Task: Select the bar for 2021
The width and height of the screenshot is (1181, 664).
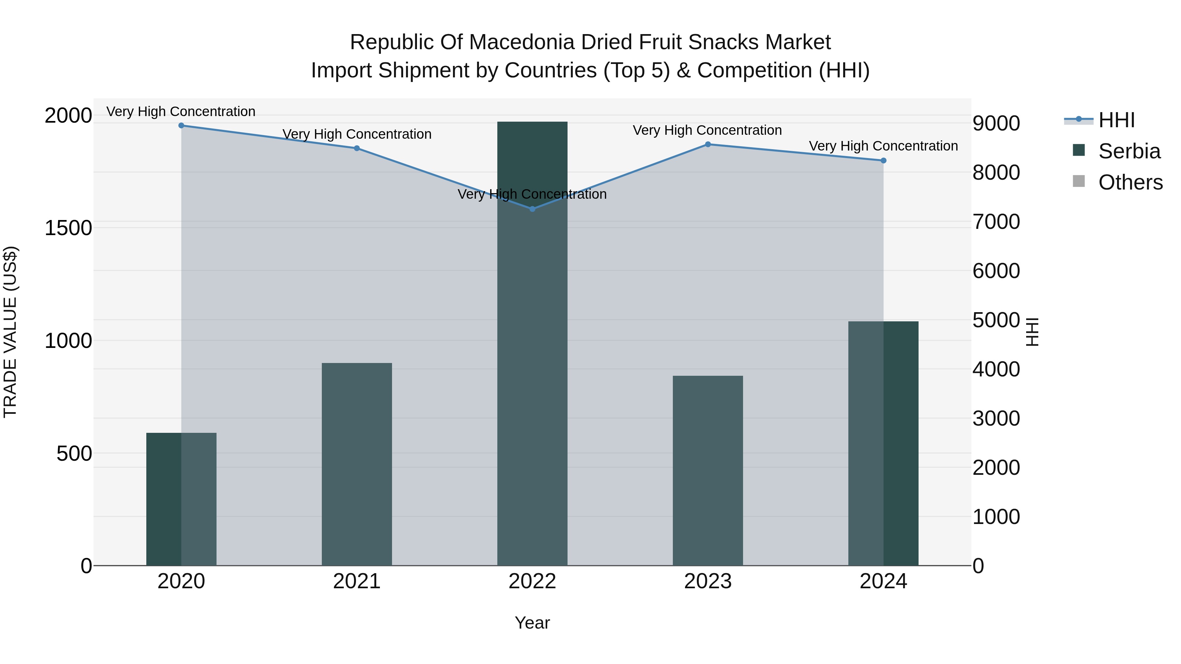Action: coord(357,464)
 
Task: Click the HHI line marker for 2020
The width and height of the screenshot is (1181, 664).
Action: coord(181,126)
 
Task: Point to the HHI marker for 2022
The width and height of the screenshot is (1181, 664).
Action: coord(532,209)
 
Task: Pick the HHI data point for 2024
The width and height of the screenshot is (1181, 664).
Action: coord(883,160)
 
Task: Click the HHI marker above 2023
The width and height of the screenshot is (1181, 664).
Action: coord(708,144)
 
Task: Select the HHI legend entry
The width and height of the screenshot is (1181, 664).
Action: coord(1116,120)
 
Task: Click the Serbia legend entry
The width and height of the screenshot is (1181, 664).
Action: coord(1129,151)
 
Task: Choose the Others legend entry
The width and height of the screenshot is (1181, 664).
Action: coord(1130,182)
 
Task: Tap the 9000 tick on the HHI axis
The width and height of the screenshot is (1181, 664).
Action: coord(996,123)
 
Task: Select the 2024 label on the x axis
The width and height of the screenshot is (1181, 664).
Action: coord(883,581)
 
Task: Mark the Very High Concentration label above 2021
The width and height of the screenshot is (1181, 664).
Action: coord(357,134)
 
